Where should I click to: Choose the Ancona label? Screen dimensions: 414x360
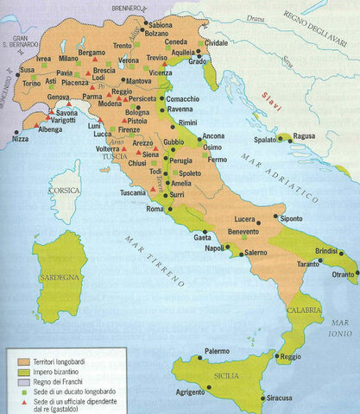(x=214, y=136)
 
